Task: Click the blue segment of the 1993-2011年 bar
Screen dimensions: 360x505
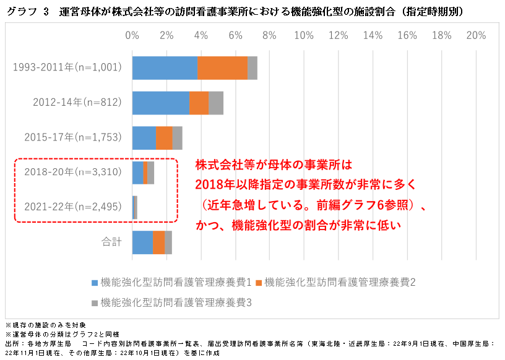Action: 165,67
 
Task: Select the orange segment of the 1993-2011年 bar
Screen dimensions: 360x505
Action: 222,67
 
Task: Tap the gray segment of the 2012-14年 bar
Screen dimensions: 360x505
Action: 215,103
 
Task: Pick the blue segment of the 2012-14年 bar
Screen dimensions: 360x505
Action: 160,103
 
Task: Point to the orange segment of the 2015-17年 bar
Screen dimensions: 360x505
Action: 164,137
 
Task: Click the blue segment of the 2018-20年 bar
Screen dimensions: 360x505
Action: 137,172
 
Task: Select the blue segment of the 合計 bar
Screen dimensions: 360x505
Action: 142,242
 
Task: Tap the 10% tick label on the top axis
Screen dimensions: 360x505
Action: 304,35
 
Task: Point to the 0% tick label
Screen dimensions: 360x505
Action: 132,35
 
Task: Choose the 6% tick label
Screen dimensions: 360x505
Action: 235,35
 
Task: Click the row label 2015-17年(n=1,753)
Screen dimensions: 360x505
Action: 73,137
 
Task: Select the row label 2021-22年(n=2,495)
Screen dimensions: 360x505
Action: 73,207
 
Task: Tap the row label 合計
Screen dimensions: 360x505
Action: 111,242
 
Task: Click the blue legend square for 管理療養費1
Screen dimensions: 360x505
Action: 94,283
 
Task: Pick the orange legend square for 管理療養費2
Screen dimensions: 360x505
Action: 258,283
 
